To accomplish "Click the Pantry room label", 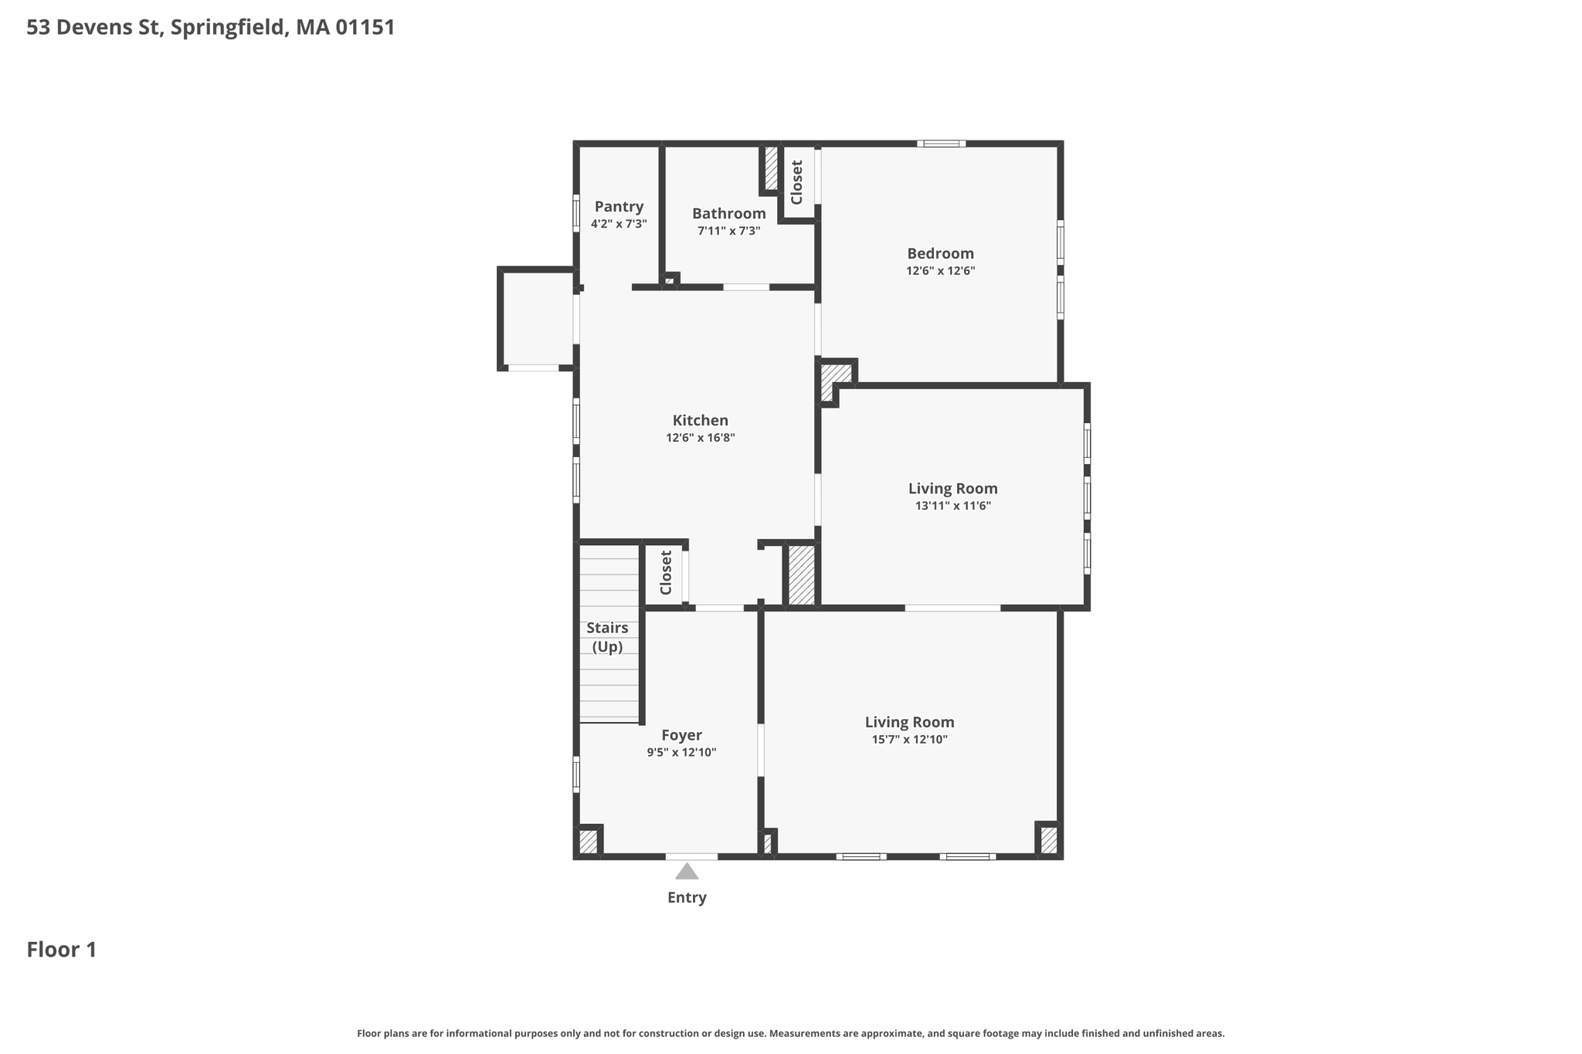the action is (x=619, y=207).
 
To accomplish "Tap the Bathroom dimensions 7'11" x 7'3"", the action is (x=729, y=231).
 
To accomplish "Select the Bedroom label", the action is (x=940, y=253).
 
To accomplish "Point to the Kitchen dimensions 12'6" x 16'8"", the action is (x=701, y=438).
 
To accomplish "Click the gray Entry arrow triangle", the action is (x=687, y=872).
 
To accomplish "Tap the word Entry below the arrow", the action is (x=687, y=897).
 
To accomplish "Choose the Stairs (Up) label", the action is (x=607, y=637).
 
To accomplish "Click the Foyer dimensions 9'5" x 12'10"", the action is (x=682, y=753).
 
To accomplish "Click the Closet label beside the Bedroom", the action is (x=797, y=182).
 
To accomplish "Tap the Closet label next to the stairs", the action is (x=666, y=572).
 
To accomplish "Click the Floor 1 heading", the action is (x=62, y=950).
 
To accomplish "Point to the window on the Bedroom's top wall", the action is (x=942, y=144).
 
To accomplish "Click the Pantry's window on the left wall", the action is (x=576, y=213).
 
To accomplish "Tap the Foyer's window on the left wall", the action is (x=576, y=774).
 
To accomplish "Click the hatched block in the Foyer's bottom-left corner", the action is (x=589, y=841).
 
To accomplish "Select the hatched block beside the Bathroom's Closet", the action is (x=771, y=168).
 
